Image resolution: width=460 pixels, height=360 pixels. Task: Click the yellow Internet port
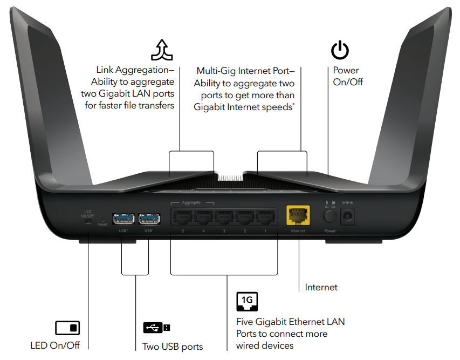(x=298, y=216)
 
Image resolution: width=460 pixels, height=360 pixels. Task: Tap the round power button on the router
(x=329, y=217)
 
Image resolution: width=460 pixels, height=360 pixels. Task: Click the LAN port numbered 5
(x=182, y=217)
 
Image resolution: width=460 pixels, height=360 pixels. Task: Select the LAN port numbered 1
(x=265, y=217)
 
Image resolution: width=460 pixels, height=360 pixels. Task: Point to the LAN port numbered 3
(x=224, y=217)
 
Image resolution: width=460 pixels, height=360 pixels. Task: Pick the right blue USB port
(x=148, y=219)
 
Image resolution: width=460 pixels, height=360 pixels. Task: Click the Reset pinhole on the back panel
(x=102, y=219)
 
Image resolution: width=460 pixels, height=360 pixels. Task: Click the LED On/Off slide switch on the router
(x=88, y=220)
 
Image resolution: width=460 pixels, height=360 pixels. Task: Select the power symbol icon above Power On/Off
(x=340, y=51)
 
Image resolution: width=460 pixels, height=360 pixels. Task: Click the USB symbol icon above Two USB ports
(x=157, y=328)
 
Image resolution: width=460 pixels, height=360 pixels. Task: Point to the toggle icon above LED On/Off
(x=67, y=328)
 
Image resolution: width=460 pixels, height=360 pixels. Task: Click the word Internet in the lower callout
(x=321, y=287)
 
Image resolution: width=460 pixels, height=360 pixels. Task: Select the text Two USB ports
(x=173, y=346)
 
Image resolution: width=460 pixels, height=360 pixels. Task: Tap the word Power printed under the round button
(x=330, y=230)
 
